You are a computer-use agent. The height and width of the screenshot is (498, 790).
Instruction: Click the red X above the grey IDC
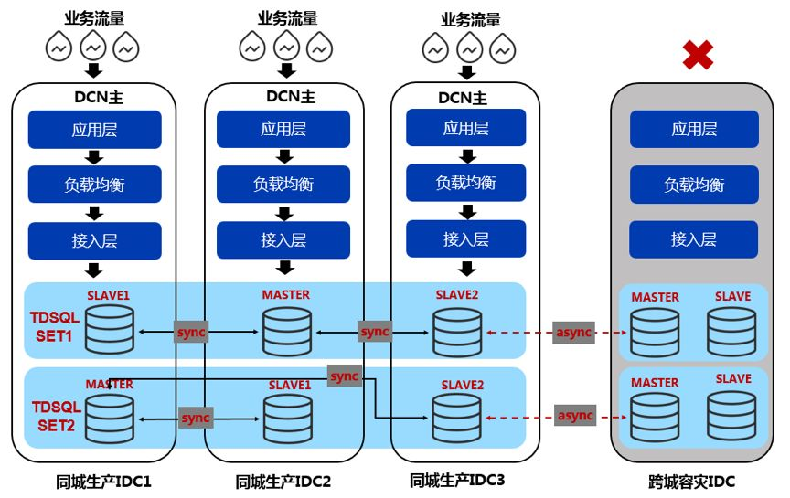(698, 55)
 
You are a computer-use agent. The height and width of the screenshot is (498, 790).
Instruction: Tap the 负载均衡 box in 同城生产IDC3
(466, 183)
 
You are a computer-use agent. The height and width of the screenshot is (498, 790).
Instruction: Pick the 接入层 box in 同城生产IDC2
(283, 240)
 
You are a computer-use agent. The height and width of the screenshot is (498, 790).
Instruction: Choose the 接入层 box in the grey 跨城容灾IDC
(693, 239)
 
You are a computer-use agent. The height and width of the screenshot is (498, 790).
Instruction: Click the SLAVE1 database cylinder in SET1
(110, 329)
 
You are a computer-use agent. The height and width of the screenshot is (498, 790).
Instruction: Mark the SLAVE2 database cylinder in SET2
(458, 417)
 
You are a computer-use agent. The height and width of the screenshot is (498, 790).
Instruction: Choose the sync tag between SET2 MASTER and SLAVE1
(195, 418)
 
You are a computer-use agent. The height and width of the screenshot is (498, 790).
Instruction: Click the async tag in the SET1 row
(574, 332)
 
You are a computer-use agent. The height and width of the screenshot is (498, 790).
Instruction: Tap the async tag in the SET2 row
(574, 416)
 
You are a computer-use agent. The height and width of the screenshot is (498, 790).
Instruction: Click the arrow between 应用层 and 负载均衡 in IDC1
(94, 156)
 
